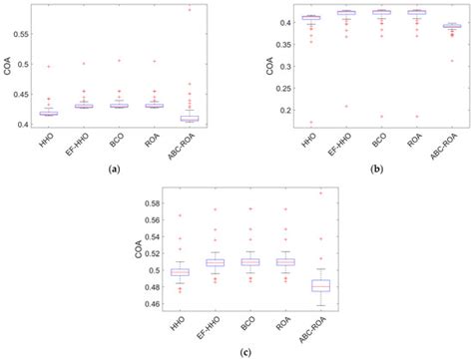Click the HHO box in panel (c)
180,271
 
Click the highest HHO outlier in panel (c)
180,215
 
